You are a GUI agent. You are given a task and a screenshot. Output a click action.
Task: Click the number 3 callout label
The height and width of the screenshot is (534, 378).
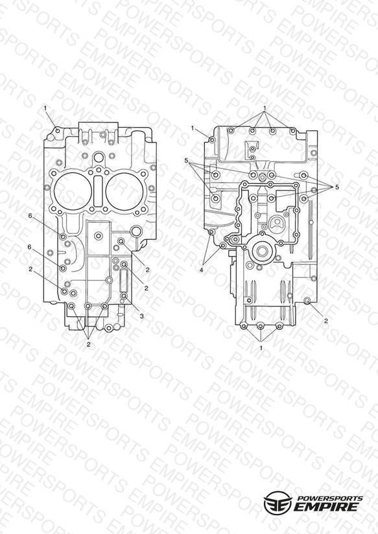(142, 316)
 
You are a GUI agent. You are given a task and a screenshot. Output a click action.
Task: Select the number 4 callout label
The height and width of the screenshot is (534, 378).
(202, 270)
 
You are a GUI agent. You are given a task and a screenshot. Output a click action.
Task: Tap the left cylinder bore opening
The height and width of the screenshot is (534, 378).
(73, 191)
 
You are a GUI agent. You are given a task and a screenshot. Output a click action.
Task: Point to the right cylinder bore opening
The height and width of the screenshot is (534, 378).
(124, 191)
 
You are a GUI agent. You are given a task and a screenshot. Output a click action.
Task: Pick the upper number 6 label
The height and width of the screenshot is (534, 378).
(30, 216)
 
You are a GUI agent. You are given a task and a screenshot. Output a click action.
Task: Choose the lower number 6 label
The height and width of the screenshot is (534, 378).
(30, 248)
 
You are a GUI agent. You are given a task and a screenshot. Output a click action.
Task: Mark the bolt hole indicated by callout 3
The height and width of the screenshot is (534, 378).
(124, 296)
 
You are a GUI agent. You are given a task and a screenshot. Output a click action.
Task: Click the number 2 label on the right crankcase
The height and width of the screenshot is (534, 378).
(326, 321)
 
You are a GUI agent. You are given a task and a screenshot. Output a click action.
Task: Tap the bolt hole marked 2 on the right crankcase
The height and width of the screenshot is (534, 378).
(307, 300)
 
